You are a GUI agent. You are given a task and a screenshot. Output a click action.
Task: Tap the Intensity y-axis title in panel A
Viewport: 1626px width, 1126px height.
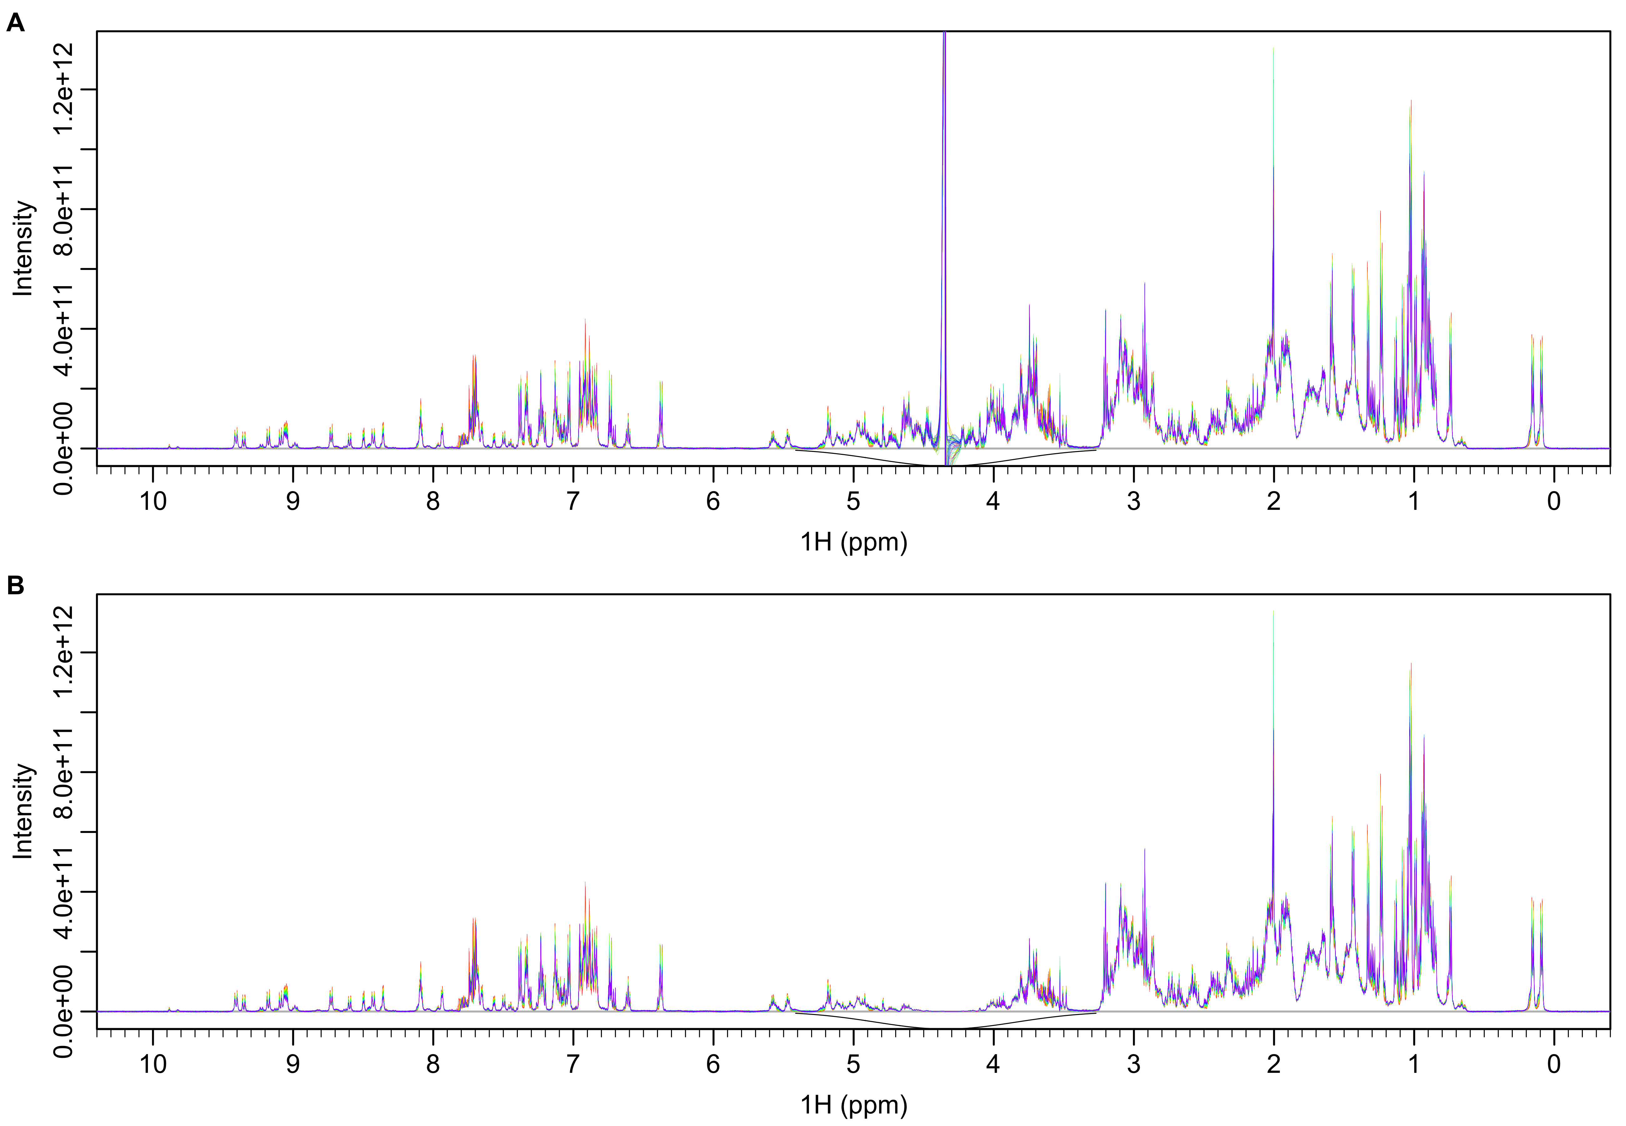pyautogui.click(x=23, y=248)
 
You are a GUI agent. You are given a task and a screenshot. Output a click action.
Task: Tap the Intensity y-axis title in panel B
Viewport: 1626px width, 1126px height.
pyautogui.click(x=23, y=811)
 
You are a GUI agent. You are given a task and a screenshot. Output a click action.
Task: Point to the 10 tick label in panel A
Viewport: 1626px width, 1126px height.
pyautogui.click(x=153, y=502)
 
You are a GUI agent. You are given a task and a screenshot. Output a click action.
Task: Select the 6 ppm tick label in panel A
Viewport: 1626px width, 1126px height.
pyautogui.click(x=713, y=502)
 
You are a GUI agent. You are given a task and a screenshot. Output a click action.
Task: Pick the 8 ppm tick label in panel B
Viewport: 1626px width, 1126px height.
pyautogui.click(x=433, y=1064)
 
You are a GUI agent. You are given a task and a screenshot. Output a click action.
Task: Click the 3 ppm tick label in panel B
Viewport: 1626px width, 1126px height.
pyautogui.click(x=1133, y=1064)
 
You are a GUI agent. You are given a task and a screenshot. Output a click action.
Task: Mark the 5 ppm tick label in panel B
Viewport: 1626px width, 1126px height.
pyautogui.click(x=853, y=1064)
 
